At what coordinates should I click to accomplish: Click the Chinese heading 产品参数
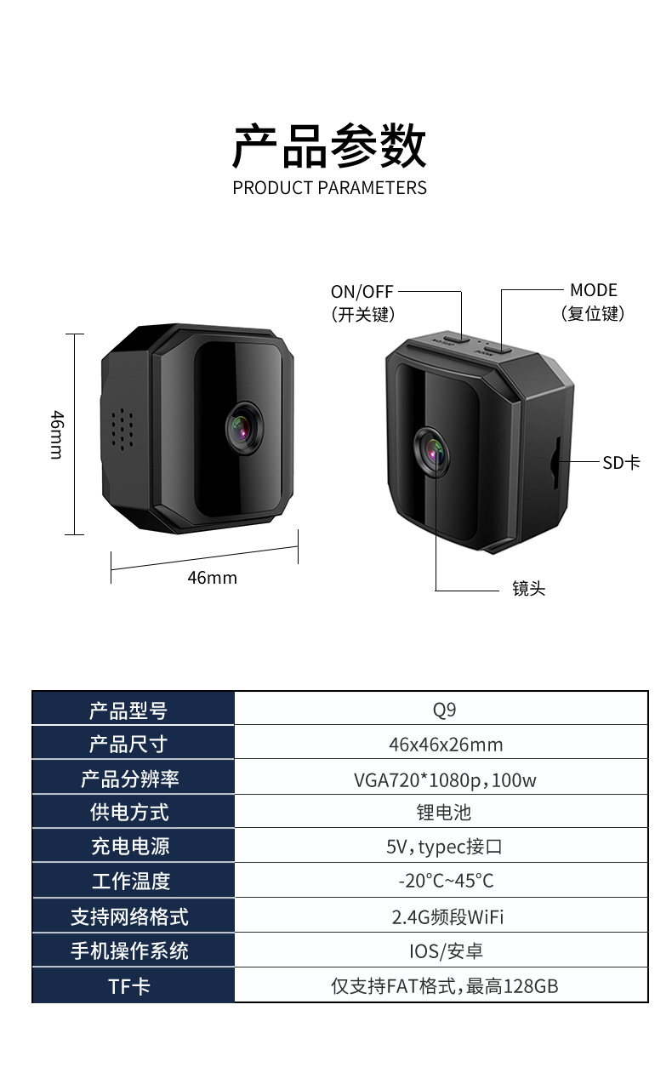(329, 146)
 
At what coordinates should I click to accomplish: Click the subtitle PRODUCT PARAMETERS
(329, 187)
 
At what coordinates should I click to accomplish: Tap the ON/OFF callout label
(362, 292)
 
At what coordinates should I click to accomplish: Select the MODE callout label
(593, 291)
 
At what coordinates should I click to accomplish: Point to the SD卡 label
(621, 462)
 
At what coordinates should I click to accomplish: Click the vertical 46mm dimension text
(56, 434)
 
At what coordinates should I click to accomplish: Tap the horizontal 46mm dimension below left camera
(212, 578)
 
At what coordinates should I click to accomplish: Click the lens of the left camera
(245, 429)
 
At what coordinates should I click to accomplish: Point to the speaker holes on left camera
(123, 428)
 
